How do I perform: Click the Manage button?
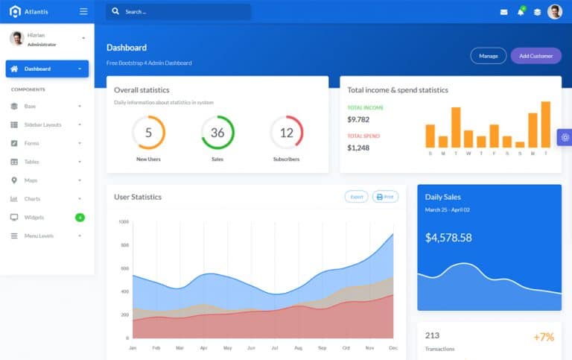(489, 56)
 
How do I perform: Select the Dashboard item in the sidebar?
(47, 69)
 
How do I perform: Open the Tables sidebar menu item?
(31, 162)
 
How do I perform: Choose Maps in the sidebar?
(31, 180)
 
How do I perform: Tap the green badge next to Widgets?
(80, 218)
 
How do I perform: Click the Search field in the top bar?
(179, 12)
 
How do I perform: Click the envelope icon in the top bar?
(503, 12)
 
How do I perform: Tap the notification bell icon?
(521, 12)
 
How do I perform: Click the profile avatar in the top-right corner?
(555, 12)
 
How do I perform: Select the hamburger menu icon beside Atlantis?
(83, 11)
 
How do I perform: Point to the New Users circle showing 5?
(148, 133)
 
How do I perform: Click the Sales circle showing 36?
(217, 133)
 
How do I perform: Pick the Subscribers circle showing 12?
(286, 133)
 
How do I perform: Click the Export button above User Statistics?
(357, 197)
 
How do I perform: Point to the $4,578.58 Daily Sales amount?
(448, 238)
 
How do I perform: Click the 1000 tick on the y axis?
(123, 221)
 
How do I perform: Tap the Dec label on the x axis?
(393, 348)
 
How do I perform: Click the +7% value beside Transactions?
(544, 337)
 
